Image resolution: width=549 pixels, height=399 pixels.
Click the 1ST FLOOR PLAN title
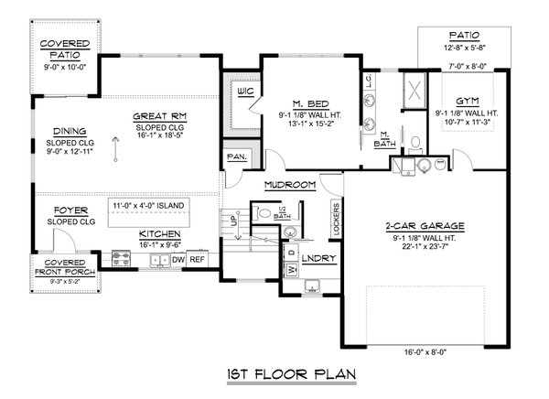coord(274,373)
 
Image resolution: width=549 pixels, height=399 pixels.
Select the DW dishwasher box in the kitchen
coord(179,260)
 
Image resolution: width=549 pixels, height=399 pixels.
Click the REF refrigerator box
coord(198,260)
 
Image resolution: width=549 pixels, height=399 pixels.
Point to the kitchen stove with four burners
coord(121,260)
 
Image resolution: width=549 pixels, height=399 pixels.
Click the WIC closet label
coord(243,93)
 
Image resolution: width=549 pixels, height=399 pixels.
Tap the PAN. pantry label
coord(236,156)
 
